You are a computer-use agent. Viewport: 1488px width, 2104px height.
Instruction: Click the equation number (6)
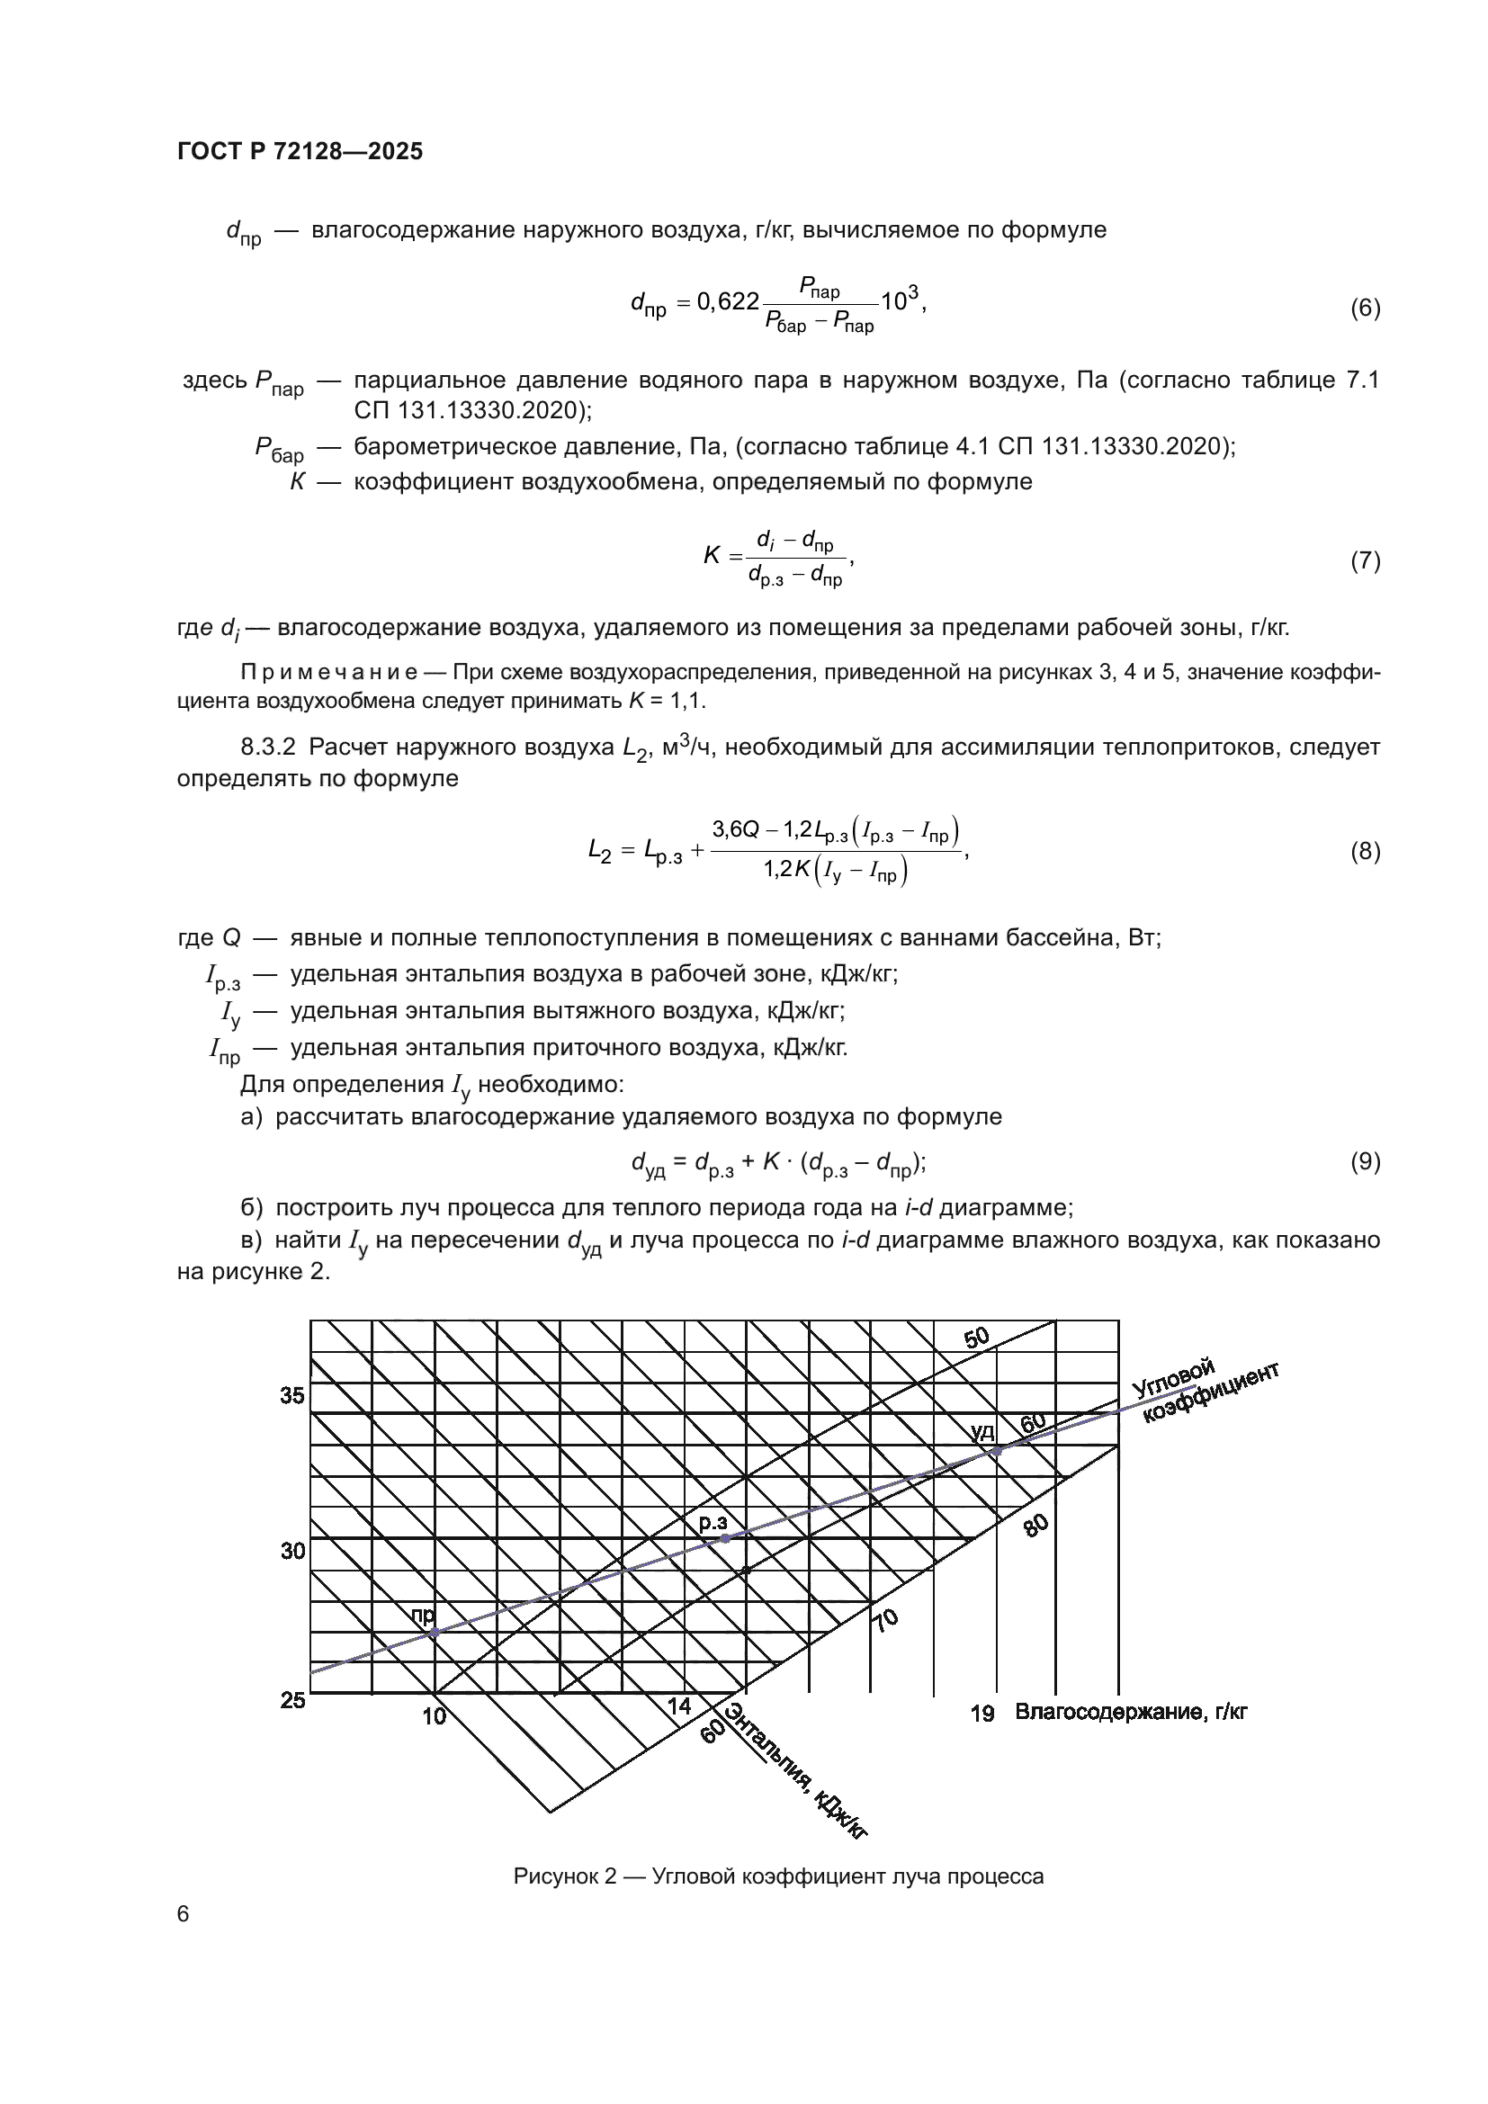tap(1365, 308)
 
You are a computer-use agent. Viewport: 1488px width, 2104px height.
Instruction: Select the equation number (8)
tap(1365, 851)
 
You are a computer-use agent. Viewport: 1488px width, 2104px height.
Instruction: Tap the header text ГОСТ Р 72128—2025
tap(300, 152)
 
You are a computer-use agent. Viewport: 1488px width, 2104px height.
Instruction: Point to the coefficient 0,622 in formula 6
tap(728, 301)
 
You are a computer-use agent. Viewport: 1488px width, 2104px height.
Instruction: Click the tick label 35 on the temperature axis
tap(293, 1396)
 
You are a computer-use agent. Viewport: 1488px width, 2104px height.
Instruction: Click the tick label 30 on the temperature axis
tap(293, 1551)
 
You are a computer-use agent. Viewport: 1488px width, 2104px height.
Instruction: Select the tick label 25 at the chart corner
tap(293, 1700)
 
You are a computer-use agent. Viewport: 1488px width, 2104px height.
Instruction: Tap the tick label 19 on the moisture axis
tap(982, 1713)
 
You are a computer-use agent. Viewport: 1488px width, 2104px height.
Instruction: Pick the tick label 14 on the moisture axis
tap(679, 1706)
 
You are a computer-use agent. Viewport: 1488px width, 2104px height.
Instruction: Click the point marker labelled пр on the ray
tap(435, 1632)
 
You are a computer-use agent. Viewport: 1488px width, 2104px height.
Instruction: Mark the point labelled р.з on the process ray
tap(725, 1538)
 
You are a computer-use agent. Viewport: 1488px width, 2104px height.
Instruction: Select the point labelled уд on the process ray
tap(998, 1451)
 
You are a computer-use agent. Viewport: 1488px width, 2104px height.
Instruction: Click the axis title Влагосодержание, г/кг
tap(1131, 1712)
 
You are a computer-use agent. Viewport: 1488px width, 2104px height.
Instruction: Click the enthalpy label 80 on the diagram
tap(1035, 1526)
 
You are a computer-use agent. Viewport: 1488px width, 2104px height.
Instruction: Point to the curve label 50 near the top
tap(977, 1338)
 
